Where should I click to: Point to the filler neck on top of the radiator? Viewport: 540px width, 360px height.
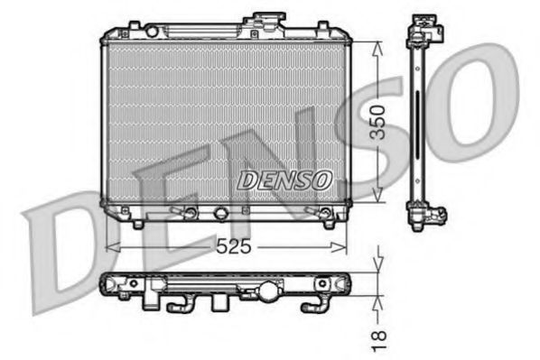click(268, 23)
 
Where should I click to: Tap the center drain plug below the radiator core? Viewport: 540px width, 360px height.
click(221, 215)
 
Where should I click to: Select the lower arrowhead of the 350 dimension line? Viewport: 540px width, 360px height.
click(377, 198)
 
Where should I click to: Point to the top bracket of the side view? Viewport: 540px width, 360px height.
click(426, 32)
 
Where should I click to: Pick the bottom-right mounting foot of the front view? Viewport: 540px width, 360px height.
click(330, 222)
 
